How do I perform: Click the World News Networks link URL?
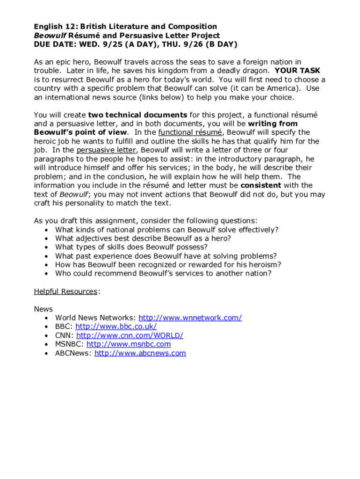(190, 318)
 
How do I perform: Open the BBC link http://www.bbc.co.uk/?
(116, 327)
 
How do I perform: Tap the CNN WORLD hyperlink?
(130, 335)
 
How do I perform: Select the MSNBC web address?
(129, 344)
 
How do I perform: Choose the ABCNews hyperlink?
(140, 353)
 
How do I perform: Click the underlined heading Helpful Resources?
(65, 291)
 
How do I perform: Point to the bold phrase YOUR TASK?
(297, 71)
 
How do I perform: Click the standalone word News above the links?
(43, 309)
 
